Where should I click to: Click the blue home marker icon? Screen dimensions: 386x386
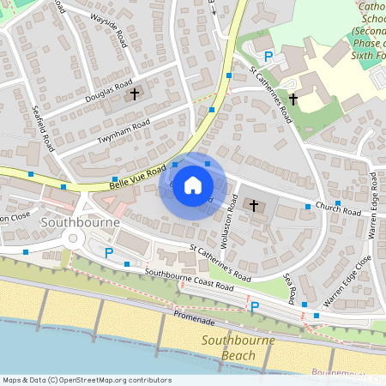[x=193, y=184]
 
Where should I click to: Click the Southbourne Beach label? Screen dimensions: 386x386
[x=238, y=347]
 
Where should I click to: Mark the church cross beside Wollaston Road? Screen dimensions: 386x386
[x=253, y=205]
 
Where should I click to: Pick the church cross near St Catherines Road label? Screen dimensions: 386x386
[x=293, y=99]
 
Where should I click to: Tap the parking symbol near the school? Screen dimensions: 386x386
[x=268, y=57]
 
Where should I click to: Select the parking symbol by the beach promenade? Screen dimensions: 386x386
[x=254, y=306]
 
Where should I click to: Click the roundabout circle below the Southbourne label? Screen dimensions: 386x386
[x=73, y=239]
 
